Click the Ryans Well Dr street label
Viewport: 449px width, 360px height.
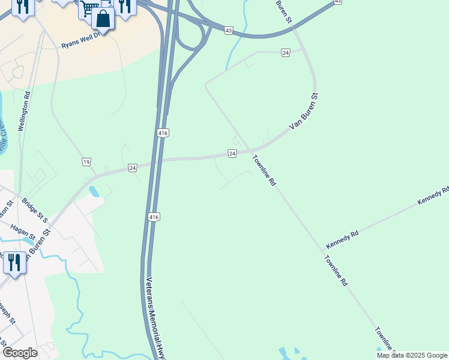coord(80,41)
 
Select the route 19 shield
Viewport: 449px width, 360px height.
coord(86,162)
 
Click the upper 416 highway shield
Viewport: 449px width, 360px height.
coord(163,133)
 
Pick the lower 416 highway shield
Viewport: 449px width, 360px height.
coord(154,216)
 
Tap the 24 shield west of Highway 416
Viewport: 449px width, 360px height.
coord(133,168)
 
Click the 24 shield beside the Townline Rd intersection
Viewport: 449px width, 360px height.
coord(232,154)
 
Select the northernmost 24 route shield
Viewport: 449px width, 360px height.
coord(285,53)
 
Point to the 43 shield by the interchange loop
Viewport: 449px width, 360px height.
coord(228,29)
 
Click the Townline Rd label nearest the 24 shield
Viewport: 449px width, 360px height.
coord(264,170)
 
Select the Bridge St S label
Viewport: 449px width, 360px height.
coord(34,211)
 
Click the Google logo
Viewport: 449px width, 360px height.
coord(19,353)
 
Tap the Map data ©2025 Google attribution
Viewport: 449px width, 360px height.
coord(412,355)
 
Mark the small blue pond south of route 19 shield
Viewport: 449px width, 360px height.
coord(94,192)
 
